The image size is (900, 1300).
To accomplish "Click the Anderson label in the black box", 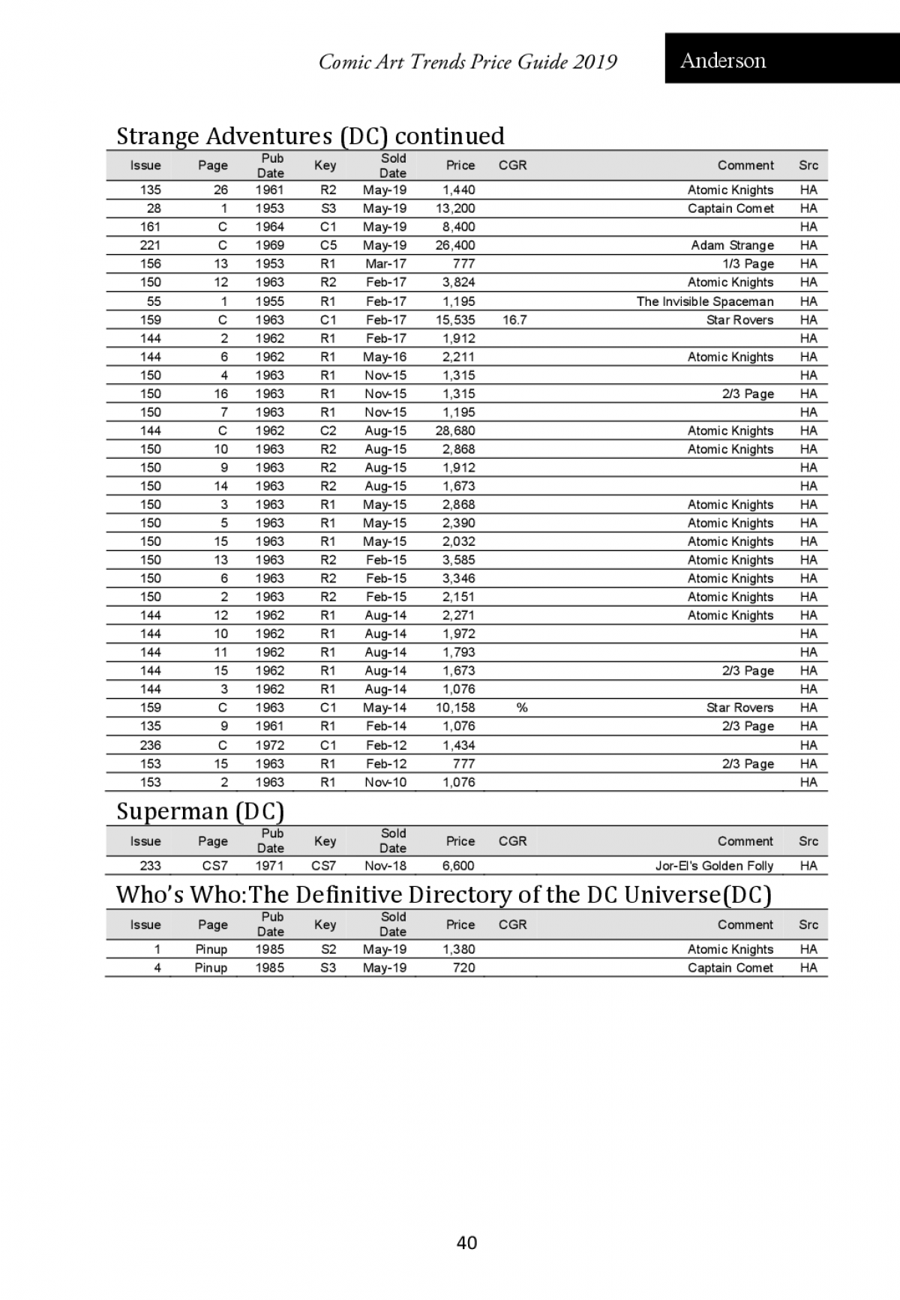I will click(723, 60).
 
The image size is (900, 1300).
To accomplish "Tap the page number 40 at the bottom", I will click(466, 1242).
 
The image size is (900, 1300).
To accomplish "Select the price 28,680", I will click(455, 430).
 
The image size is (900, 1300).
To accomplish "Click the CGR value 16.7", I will click(514, 319).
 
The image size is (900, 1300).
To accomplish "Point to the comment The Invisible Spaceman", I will click(704, 301).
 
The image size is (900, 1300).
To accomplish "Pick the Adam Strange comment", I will click(732, 245).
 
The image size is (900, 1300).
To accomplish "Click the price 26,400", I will click(455, 245).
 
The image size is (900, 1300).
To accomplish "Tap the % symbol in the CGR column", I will click(522, 707).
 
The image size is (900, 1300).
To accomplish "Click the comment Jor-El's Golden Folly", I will click(714, 865).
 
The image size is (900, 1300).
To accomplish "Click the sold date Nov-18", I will click(385, 865).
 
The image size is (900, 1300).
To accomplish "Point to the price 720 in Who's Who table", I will click(463, 967).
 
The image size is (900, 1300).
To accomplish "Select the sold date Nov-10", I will click(385, 782).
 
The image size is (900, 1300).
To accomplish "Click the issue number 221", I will click(151, 245).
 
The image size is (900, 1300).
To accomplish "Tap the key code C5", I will click(328, 245).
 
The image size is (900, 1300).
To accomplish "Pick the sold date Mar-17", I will click(385, 264).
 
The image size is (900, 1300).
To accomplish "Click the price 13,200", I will click(455, 208).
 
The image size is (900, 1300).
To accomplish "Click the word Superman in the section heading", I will click(172, 811).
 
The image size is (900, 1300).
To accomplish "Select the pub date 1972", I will click(269, 745).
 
